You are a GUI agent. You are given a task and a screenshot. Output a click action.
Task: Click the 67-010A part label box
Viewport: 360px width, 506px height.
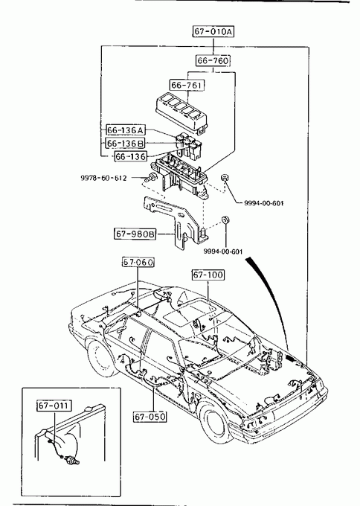pos(213,31)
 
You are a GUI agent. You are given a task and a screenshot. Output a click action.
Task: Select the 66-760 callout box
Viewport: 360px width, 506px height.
pos(213,60)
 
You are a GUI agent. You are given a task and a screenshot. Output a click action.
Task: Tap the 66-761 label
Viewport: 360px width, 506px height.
pos(187,85)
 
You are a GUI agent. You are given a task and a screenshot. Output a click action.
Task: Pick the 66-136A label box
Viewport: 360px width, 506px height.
pos(126,130)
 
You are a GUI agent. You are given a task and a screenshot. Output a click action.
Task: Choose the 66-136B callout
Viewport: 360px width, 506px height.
pos(126,144)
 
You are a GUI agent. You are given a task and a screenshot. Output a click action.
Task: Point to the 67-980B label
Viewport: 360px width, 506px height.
pos(135,234)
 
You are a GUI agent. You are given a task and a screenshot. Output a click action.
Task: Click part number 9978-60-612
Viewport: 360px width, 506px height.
pos(103,178)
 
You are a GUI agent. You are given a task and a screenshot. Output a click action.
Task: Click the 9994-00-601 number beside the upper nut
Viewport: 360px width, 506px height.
pos(264,203)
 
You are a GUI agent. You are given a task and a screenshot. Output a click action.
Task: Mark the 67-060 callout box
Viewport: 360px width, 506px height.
pos(138,263)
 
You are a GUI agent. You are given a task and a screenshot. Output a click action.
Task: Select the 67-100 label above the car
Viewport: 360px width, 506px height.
pos(208,275)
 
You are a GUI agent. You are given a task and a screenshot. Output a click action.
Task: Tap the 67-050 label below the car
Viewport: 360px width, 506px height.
pos(150,417)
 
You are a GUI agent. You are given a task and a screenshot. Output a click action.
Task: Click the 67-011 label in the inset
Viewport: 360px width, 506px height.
pos(54,406)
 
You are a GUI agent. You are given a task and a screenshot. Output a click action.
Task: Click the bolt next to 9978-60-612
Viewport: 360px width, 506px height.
pos(151,178)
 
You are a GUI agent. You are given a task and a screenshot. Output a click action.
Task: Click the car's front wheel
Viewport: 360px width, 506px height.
pos(215,423)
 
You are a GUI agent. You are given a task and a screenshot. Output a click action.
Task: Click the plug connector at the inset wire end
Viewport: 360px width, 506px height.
pos(72,460)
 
